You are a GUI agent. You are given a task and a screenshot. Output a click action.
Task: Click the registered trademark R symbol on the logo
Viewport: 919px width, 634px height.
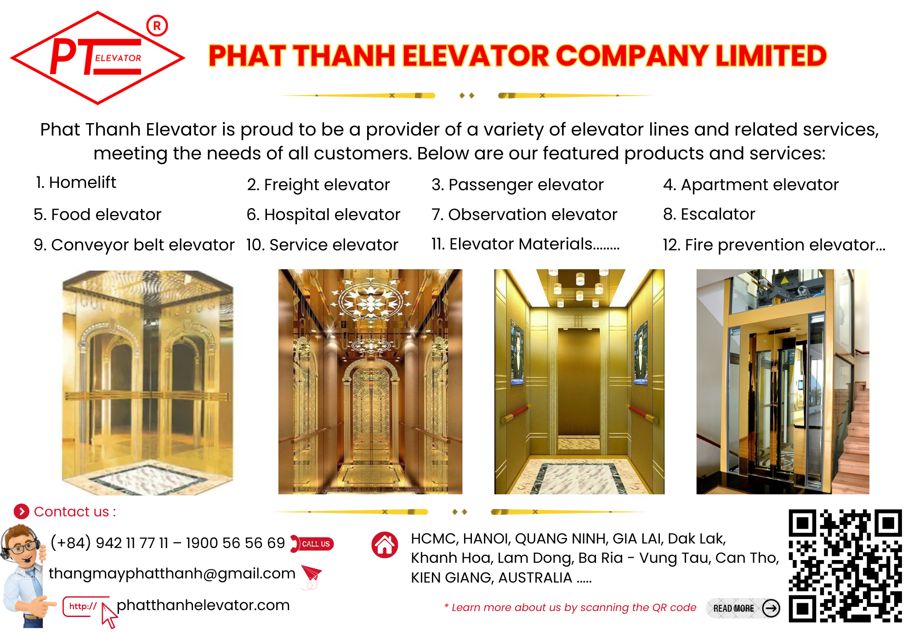click(x=157, y=26)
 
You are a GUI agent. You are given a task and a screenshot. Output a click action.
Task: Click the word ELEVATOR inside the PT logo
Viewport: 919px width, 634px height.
click(x=118, y=58)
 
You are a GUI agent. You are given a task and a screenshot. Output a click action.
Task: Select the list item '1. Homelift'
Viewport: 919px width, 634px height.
click(x=76, y=182)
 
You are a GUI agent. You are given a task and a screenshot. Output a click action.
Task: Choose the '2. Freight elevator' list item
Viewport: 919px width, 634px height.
click(x=318, y=185)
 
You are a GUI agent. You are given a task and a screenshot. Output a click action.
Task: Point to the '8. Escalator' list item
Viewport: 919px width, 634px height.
click(x=709, y=214)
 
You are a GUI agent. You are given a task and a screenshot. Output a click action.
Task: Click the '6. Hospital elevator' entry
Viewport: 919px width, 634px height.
click(x=323, y=215)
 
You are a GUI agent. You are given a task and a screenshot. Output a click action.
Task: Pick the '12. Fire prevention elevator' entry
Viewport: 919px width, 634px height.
click(x=774, y=245)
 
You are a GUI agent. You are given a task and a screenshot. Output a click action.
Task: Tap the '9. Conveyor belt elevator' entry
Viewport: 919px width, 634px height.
click(x=134, y=245)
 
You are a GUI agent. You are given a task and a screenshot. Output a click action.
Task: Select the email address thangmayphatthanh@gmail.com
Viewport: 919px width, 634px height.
click(x=172, y=573)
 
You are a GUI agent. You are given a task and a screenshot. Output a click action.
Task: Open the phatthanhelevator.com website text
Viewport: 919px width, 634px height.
click(x=203, y=605)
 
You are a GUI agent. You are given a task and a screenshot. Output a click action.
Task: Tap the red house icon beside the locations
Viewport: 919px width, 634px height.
click(x=385, y=545)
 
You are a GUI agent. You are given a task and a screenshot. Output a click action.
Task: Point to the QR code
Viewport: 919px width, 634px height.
click(x=845, y=566)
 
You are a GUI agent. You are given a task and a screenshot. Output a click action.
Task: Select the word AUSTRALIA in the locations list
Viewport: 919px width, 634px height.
click(x=535, y=577)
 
